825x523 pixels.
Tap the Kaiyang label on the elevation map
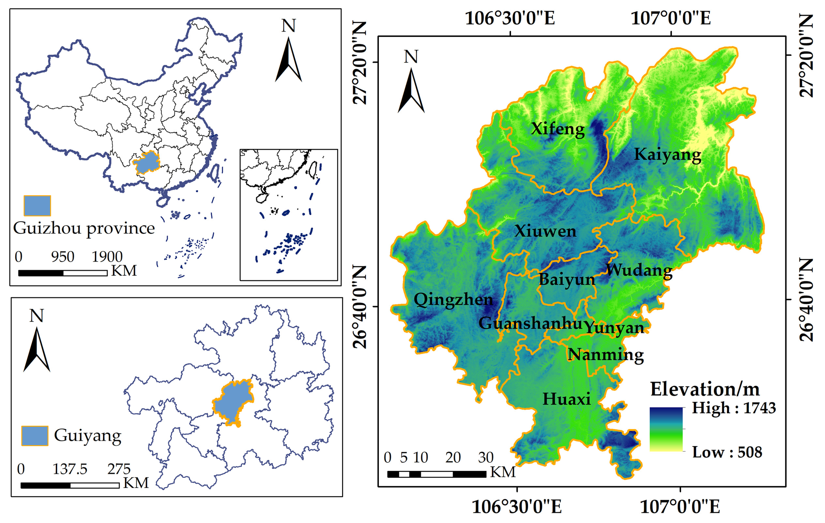tap(667, 154)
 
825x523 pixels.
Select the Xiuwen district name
tap(545, 231)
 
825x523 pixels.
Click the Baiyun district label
tap(567, 280)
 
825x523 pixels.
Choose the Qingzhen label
tap(453, 300)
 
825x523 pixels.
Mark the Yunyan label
tap(614, 328)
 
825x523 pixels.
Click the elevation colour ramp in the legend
tap(666, 429)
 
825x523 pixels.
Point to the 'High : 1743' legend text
tap(734, 408)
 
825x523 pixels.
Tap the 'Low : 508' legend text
tap(727, 452)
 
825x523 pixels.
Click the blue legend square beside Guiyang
tap(35, 436)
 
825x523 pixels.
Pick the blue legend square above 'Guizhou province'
tap(37, 205)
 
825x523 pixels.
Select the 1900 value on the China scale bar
tap(107, 257)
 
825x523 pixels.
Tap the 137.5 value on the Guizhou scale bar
tap(70, 469)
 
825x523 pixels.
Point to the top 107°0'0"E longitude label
tap(670, 19)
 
